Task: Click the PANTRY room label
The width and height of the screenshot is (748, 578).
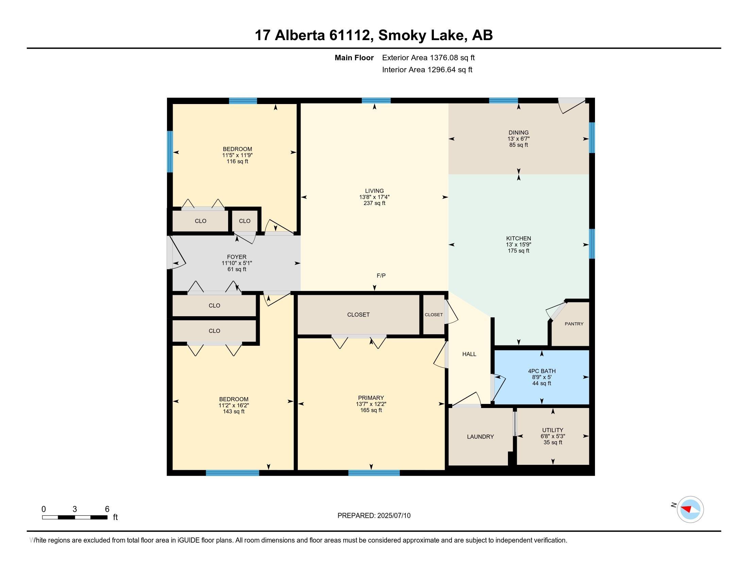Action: pyautogui.click(x=574, y=324)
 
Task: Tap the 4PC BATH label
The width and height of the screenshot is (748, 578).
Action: pyautogui.click(x=542, y=371)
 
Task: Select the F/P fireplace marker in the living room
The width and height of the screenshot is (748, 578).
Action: pyautogui.click(x=381, y=275)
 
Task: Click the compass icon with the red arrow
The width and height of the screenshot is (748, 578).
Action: pyautogui.click(x=690, y=509)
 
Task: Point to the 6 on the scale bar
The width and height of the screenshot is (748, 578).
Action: pyautogui.click(x=107, y=509)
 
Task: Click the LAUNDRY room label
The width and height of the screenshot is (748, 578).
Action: pyautogui.click(x=480, y=437)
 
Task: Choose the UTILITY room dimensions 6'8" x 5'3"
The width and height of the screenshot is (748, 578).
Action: pyautogui.click(x=552, y=436)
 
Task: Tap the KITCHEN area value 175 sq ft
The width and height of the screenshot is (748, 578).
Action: pyautogui.click(x=518, y=251)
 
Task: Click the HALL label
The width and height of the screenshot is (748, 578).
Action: pyautogui.click(x=469, y=354)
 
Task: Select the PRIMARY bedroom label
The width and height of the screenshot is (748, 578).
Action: pyautogui.click(x=371, y=398)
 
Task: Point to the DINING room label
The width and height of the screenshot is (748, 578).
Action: pyautogui.click(x=518, y=133)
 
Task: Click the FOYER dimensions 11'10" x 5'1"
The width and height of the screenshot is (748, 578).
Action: pyautogui.click(x=237, y=263)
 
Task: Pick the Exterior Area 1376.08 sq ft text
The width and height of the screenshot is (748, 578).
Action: pyautogui.click(x=428, y=57)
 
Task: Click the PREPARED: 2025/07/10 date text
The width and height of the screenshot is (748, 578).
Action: pyautogui.click(x=374, y=515)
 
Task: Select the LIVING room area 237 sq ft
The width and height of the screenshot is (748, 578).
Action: pyautogui.click(x=374, y=203)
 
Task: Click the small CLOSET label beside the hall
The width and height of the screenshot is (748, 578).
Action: pyautogui.click(x=434, y=315)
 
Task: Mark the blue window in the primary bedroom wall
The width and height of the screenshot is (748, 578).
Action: pyautogui.click(x=374, y=473)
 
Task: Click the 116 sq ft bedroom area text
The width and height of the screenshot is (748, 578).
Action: pyautogui.click(x=237, y=161)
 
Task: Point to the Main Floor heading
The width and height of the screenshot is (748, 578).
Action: pyautogui.click(x=354, y=57)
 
